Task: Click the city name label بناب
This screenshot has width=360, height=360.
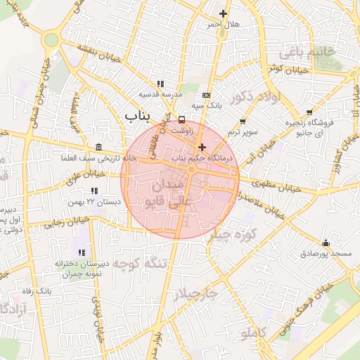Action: pyautogui.click(x=139, y=115)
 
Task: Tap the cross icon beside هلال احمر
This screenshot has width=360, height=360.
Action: pyautogui.click(x=224, y=13)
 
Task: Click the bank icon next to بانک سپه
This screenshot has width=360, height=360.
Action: pyautogui.click(x=205, y=95)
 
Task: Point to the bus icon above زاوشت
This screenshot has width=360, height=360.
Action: pyautogui.click(x=182, y=120)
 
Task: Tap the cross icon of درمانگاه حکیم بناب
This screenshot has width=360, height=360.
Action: pyautogui.click(x=202, y=147)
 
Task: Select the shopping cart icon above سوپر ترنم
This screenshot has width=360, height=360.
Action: pyautogui.click(x=243, y=121)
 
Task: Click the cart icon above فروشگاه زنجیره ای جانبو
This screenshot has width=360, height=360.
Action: pyautogui.click(x=310, y=112)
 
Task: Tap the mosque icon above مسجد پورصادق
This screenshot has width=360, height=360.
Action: pyautogui.click(x=325, y=243)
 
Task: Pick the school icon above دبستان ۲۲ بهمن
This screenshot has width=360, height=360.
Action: pyautogui.click(x=94, y=191)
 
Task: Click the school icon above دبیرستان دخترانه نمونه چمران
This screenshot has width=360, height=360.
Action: pyautogui.click(x=82, y=252)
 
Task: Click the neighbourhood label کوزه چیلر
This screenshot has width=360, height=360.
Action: pyautogui.click(x=233, y=235)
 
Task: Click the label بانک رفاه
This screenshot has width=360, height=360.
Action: pyautogui.click(x=37, y=290)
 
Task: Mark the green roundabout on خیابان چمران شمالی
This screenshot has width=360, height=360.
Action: pyautogui.click(x=50, y=40)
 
